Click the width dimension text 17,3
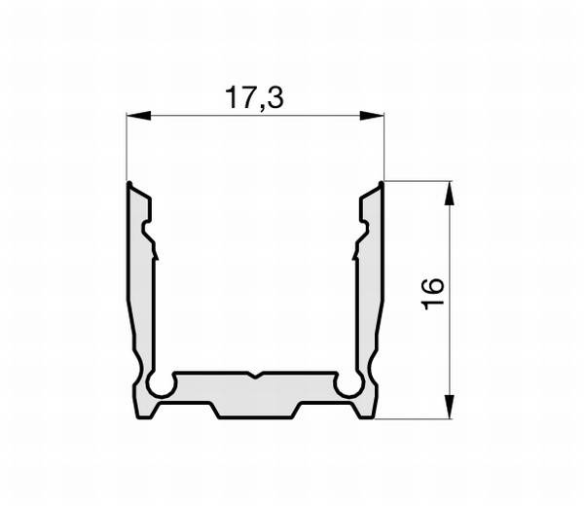254,97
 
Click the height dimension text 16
433,293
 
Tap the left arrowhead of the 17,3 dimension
137,117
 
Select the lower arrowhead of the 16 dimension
450,409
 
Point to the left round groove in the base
162,386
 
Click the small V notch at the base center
255,376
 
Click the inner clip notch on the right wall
361,233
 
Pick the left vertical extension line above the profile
128,146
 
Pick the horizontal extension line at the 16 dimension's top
419,180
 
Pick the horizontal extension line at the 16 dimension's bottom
419,419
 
